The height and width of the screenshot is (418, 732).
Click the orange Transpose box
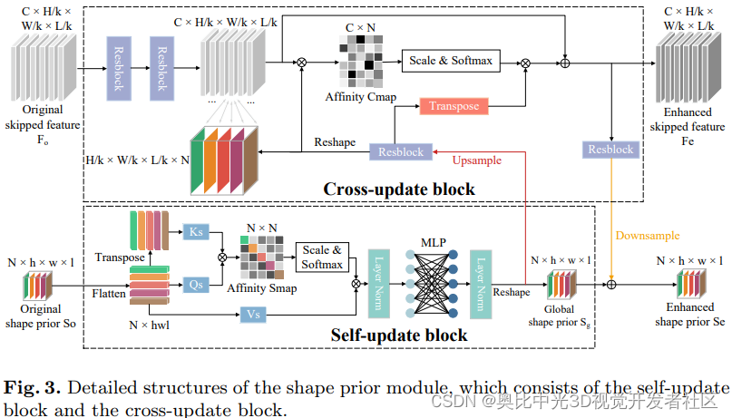coord(454,106)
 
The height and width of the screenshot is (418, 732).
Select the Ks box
coord(195,231)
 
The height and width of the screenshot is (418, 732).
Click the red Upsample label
coord(476,160)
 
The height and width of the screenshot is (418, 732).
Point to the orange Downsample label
coord(648,236)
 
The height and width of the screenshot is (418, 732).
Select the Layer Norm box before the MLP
coord(379,281)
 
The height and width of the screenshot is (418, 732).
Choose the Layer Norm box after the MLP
coord(480,281)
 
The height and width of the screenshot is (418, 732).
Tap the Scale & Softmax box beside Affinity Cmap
coord(450,62)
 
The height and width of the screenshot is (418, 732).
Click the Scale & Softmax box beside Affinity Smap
coord(323,257)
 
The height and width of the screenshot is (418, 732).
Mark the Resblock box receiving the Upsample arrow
coord(400,152)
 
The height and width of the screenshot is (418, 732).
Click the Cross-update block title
coord(399,190)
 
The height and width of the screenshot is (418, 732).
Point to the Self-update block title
coord(400,335)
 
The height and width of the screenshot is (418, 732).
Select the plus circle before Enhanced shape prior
coord(611,284)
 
